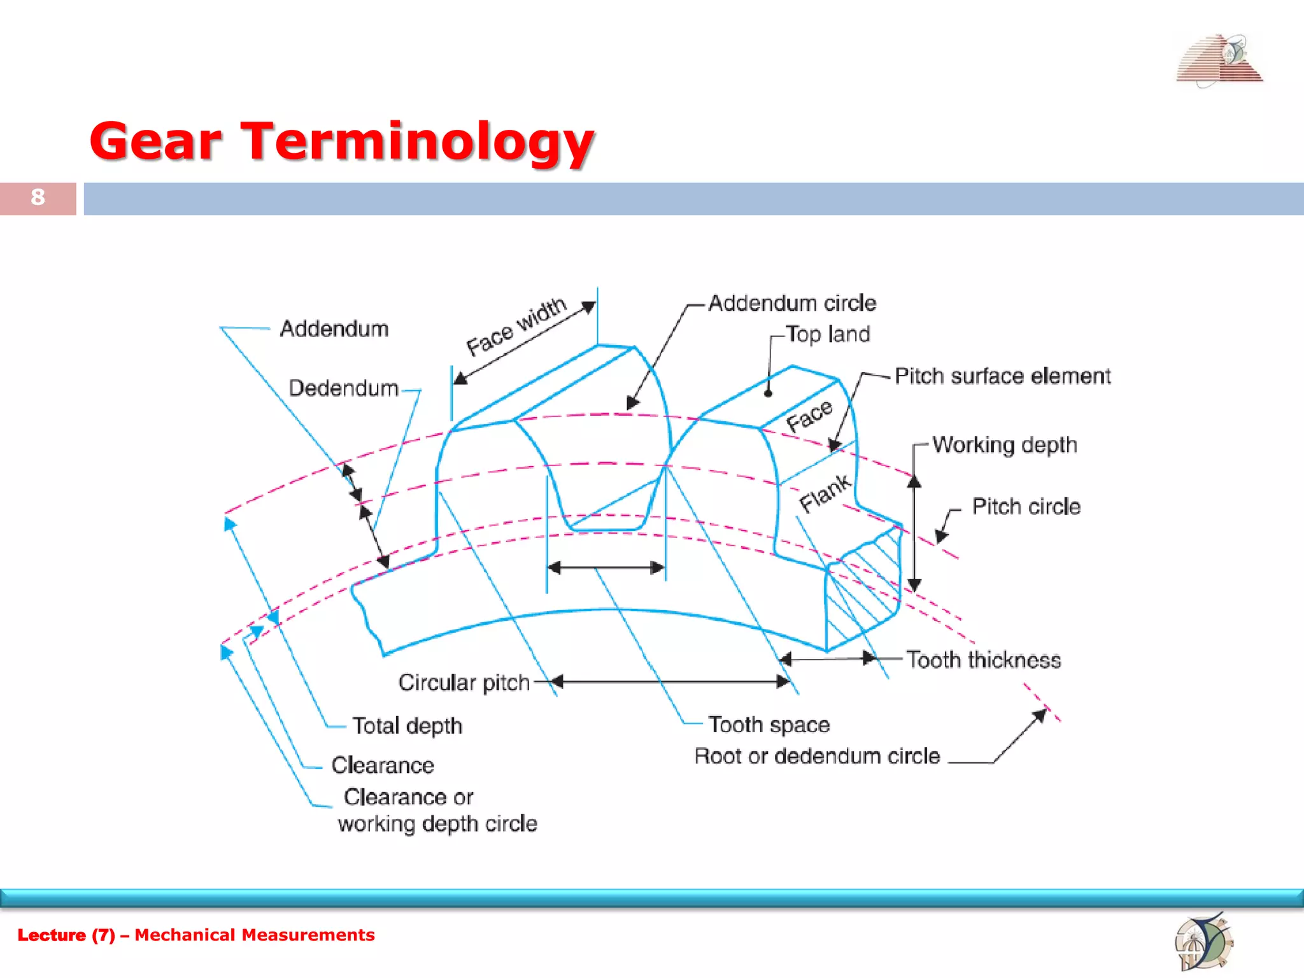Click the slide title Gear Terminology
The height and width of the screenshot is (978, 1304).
[342, 141]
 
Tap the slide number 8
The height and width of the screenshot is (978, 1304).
[38, 197]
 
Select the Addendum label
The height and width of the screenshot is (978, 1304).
[334, 329]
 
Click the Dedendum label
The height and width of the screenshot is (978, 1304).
[343, 388]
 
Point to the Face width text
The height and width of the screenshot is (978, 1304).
[516, 327]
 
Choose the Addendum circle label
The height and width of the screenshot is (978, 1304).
[791, 303]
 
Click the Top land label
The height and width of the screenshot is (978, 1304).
[827, 334]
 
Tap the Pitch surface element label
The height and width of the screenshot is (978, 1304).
[1002, 376]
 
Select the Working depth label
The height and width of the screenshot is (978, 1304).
[1004, 444]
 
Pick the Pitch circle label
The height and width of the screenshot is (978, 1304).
[1026, 507]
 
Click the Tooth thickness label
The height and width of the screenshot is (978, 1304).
[983, 660]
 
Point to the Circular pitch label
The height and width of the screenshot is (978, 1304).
[464, 683]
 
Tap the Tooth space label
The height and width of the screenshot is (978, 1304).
[769, 725]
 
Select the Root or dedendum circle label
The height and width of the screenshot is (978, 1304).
[817, 756]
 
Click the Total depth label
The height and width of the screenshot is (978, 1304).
[407, 726]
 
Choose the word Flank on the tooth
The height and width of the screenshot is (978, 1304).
[825, 493]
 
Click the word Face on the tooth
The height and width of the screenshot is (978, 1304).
[809, 416]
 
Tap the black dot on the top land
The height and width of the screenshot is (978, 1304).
[768, 393]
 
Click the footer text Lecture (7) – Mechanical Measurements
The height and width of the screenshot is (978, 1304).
[196, 935]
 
